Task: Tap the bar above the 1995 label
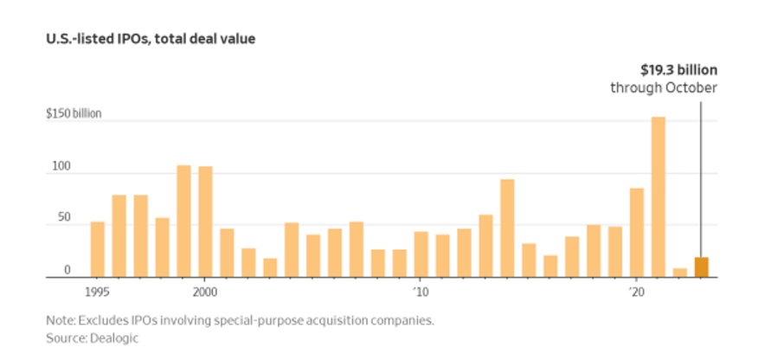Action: pyautogui.click(x=98, y=249)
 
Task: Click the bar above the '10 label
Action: pyautogui.click(x=421, y=254)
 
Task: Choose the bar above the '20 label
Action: pyautogui.click(x=636, y=233)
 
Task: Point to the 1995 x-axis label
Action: pyautogui.click(x=98, y=292)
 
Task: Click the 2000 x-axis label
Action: pyautogui.click(x=205, y=292)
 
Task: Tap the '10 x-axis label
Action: pyautogui.click(x=420, y=292)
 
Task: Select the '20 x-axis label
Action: pyautogui.click(x=635, y=292)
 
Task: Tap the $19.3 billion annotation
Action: pyautogui.click(x=678, y=70)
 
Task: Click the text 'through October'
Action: pyautogui.click(x=664, y=88)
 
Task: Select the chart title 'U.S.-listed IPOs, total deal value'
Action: pyautogui.click(x=151, y=39)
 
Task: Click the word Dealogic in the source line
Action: pyautogui.click(x=104, y=338)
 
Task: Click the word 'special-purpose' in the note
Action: pyautogui.click(x=243, y=320)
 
